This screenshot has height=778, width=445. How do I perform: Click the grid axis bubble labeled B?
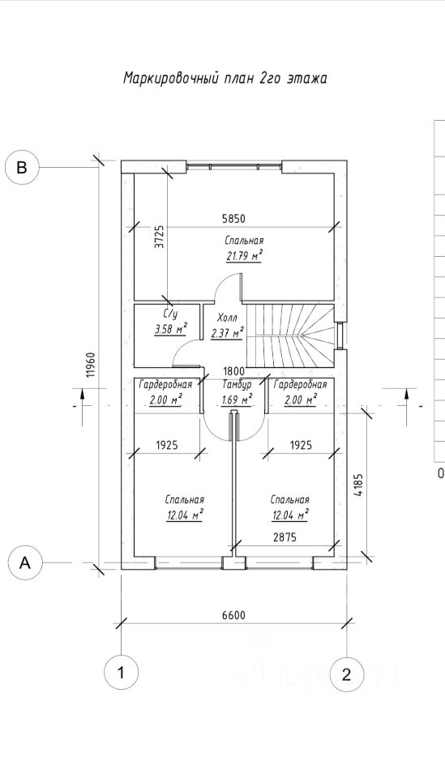click(22, 167)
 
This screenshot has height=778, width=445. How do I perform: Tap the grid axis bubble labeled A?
click(25, 562)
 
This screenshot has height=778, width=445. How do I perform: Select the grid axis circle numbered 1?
click(121, 673)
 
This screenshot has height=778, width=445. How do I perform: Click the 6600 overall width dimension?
click(233, 616)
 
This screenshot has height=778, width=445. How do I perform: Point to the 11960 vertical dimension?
click(90, 365)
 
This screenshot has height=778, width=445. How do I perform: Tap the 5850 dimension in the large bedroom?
click(233, 218)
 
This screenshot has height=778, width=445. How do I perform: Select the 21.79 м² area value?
click(244, 256)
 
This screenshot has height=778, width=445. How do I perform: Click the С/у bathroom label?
click(169, 314)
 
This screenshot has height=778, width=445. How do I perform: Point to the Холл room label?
click(227, 318)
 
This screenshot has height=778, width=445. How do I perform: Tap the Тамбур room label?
click(237, 384)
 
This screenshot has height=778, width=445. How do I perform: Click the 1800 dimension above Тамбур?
click(233, 371)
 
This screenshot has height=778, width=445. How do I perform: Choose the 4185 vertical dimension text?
click(359, 486)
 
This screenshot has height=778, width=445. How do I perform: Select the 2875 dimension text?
click(285, 536)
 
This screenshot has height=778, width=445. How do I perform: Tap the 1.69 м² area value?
click(237, 399)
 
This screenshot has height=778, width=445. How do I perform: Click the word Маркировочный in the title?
click(171, 79)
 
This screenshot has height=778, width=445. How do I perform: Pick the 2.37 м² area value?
click(227, 332)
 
